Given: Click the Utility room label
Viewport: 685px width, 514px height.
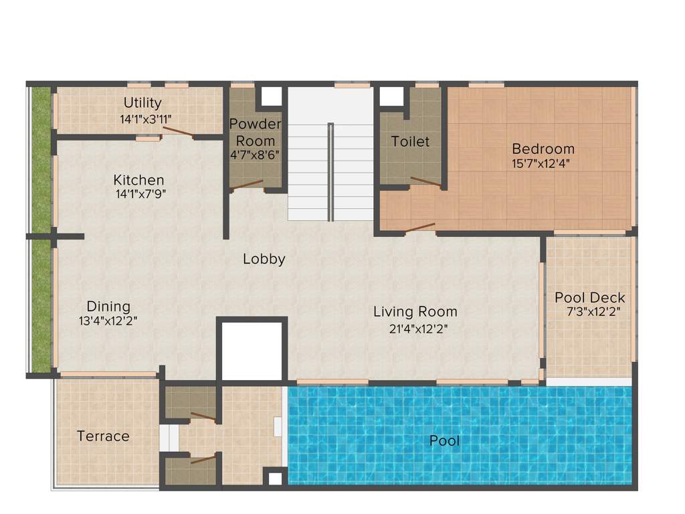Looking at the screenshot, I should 142,102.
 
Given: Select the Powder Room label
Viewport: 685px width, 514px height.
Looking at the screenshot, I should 255,132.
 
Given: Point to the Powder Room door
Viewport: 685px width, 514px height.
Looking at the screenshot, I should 247,185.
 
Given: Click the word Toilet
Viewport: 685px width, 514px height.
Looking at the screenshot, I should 410,141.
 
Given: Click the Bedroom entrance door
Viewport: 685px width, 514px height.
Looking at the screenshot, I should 420,228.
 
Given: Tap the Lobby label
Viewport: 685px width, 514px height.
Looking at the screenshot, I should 264,259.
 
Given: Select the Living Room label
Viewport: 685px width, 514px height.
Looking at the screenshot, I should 415,311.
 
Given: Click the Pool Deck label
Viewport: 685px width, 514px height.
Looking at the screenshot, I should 590,297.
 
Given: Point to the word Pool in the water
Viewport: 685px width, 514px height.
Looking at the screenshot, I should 444,441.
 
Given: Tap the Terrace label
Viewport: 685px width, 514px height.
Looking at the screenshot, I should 103,436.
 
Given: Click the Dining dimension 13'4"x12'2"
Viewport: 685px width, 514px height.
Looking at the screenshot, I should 108,321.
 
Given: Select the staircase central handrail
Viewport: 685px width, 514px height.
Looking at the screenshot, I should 330,171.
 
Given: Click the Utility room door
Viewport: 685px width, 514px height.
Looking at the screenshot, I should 179,132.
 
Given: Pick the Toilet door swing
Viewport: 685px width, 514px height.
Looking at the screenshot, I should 425,181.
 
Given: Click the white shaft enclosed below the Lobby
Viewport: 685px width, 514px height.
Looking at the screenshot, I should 252,351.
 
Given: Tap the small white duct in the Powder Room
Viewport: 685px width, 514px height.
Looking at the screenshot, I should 271,96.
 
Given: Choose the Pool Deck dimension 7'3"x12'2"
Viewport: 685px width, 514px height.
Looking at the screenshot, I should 590,312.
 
